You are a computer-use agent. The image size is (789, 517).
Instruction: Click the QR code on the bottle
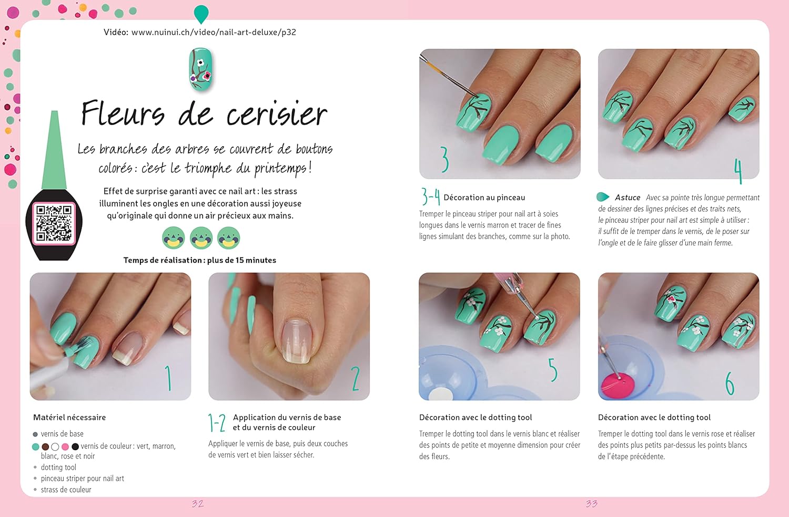[x=54, y=223]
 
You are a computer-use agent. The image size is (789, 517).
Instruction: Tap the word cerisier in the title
[x=277, y=113]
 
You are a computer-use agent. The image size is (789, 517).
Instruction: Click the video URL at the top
[x=214, y=33]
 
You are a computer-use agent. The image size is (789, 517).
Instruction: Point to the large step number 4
[x=739, y=171]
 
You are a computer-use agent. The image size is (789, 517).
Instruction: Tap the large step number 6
[x=730, y=383]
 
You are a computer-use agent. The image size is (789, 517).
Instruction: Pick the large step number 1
[x=169, y=378]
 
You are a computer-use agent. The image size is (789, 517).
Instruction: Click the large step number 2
[x=356, y=378]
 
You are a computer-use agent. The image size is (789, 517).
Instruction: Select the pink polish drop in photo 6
[x=618, y=385]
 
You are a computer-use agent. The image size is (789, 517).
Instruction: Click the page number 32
[x=198, y=504]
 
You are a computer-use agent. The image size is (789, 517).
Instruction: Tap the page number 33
[x=592, y=504]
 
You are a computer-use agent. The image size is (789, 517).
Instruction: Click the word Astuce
[x=628, y=198]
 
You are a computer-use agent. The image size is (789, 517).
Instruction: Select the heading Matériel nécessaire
[x=69, y=417]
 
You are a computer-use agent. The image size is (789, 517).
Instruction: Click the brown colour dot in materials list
[x=45, y=447]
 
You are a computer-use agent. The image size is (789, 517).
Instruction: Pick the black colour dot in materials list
[x=75, y=447]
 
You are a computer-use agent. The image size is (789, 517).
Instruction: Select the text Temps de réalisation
[x=163, y=260]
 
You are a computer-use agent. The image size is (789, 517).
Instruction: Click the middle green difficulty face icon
[x=201, y=238]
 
